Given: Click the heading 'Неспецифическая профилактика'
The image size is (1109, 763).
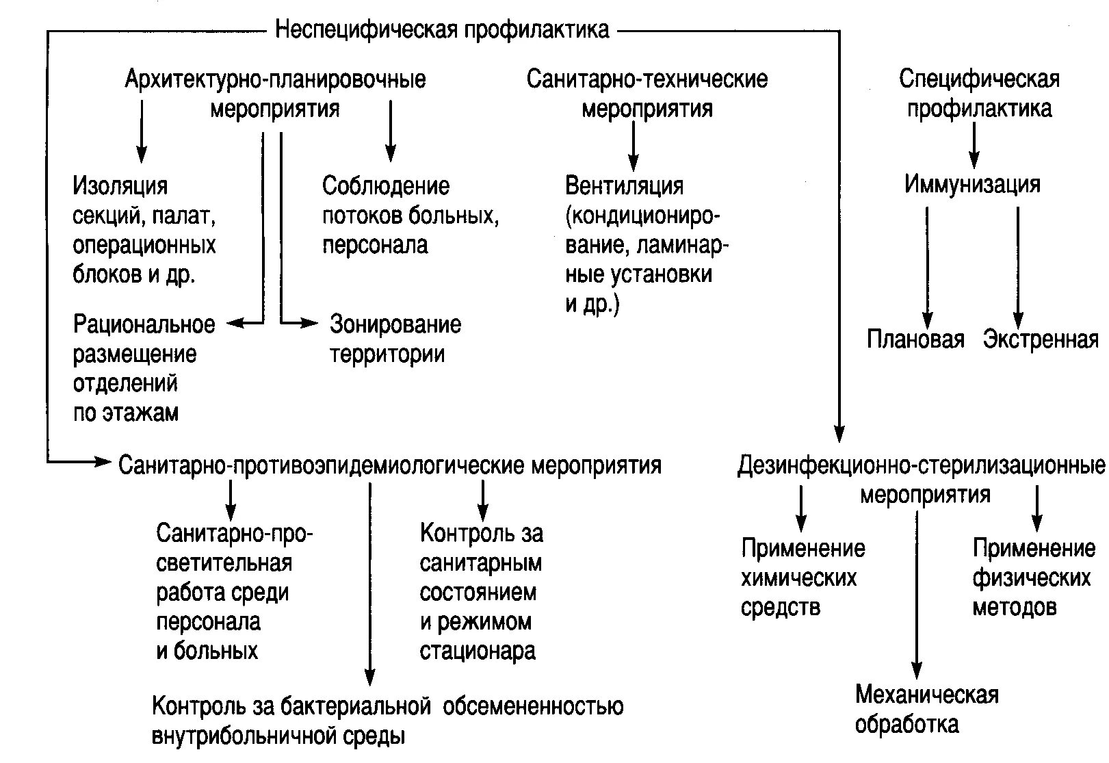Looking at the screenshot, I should pos(442,30).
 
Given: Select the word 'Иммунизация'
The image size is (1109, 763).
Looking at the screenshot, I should pos(972,184).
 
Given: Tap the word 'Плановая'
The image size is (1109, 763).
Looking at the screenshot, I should pos(915,339).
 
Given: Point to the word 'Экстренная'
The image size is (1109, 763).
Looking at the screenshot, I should pos(1041,339).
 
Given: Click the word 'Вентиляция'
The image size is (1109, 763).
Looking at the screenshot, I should pos(624,185).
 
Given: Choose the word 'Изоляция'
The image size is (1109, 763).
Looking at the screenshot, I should pos(120,186).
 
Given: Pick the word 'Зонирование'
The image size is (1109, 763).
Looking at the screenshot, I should pos(395,324).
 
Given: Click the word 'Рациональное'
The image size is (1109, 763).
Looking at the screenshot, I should pos(144,324).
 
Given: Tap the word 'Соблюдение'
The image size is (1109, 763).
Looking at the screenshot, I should pos(386,185).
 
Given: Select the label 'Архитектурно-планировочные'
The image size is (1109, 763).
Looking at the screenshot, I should pos(275,79).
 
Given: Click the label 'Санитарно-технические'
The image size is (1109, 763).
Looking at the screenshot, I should pos(647,79).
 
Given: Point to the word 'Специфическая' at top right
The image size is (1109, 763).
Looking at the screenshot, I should pos(979,79).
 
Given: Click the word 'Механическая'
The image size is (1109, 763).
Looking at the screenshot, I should pos(927,695).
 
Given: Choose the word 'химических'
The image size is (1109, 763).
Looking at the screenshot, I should pos(799,578).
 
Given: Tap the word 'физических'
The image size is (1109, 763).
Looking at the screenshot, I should pos(1032,578).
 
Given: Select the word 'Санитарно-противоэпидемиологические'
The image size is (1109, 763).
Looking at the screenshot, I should pos(324,465).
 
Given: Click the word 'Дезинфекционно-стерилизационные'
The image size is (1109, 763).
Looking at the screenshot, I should pos(921,465).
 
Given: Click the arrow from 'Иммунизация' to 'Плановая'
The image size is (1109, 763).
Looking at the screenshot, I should pos(927,267).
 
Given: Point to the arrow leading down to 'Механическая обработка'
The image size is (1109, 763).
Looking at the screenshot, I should pos(917,595).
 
